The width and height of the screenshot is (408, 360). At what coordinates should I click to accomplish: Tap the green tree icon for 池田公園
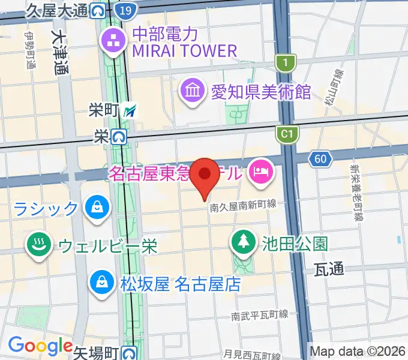coord(243,242)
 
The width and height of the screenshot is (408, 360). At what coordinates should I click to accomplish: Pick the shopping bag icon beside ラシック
coord(96,208)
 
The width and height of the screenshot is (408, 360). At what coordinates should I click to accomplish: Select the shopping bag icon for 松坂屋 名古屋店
coord(102,282)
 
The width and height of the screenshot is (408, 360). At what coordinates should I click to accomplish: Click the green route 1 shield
coord(286,62)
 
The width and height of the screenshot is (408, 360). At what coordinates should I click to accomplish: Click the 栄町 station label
coord(104,110)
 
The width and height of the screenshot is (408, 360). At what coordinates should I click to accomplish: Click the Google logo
coord(40,346)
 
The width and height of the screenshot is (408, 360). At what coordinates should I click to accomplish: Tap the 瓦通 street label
coord(329,271)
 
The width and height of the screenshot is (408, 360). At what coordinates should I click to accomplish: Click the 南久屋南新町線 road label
coord(242,206)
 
